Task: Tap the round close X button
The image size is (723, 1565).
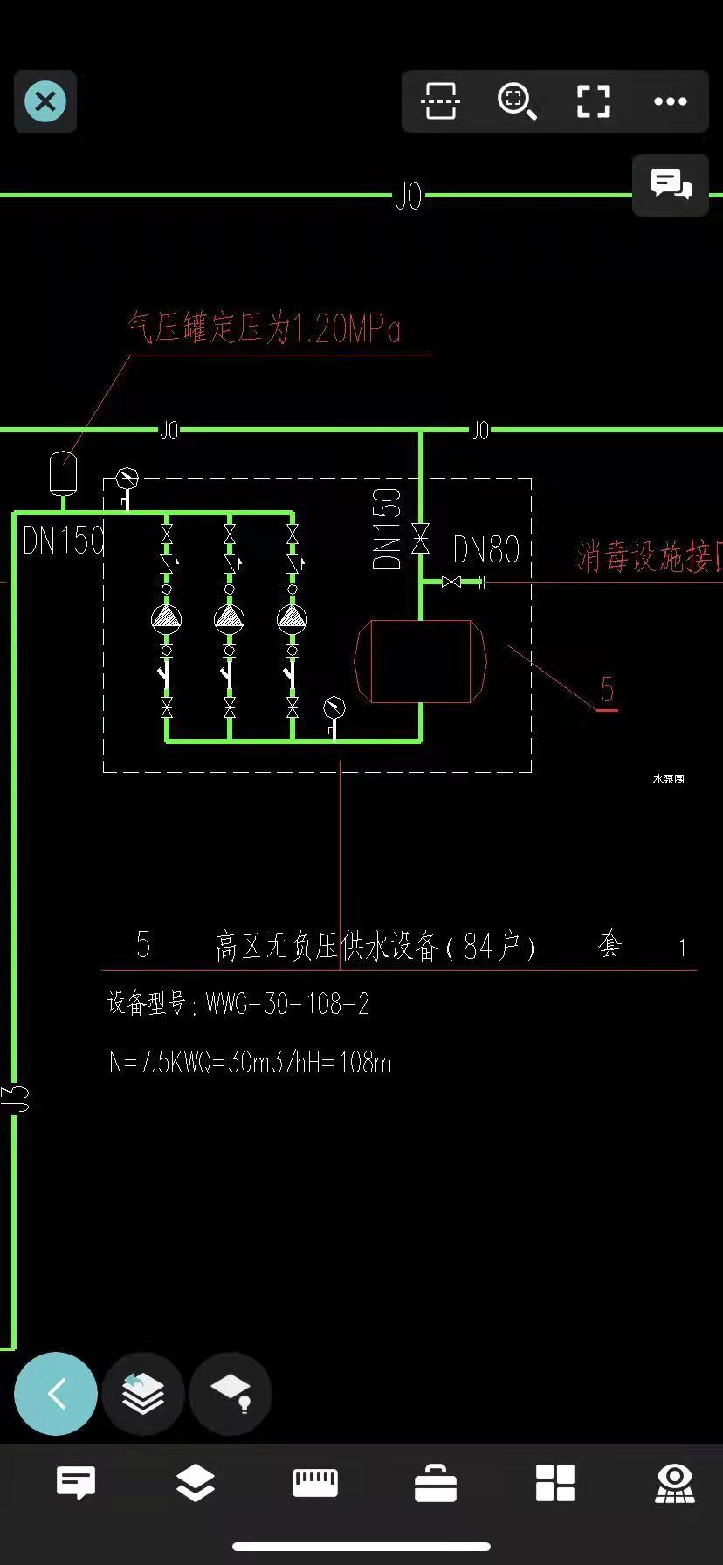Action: point(45,101)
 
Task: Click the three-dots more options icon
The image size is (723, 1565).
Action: point(670,101)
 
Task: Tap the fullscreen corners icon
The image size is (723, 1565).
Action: point(594,101)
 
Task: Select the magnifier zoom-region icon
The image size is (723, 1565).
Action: point(517,101)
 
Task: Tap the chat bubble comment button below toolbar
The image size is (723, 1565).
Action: point(671,184)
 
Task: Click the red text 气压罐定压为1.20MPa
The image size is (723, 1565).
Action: point(264,329)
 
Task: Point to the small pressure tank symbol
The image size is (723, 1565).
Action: point(63,472)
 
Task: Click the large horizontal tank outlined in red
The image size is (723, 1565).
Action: point(420,661)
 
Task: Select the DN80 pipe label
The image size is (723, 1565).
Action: point(486,550)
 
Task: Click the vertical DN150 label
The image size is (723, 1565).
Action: point(386,528)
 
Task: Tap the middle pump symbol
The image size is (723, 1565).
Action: point(229,618)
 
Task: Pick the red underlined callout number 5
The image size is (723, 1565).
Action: point(608,691)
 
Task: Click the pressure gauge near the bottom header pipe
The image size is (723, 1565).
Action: point(334,708)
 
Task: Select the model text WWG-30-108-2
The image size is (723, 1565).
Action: point(287,1003)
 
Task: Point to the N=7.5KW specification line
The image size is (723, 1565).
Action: point(250,1062)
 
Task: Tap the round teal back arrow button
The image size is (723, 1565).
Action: point(56,1394)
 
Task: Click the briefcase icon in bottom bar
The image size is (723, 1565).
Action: point(436,1483)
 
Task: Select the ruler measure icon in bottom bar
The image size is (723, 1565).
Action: point(315,1482)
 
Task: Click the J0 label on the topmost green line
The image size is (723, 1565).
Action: point(408,196)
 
